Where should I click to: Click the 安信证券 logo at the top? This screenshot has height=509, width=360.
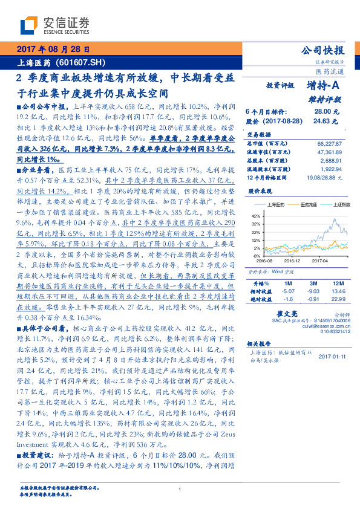[54, 25]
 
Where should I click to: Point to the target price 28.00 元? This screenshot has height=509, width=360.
[322, 112]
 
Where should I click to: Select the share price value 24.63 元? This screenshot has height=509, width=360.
[321, 121]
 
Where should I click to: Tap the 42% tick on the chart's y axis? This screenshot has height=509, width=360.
[255, 215]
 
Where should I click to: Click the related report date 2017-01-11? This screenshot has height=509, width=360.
[332, 357]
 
